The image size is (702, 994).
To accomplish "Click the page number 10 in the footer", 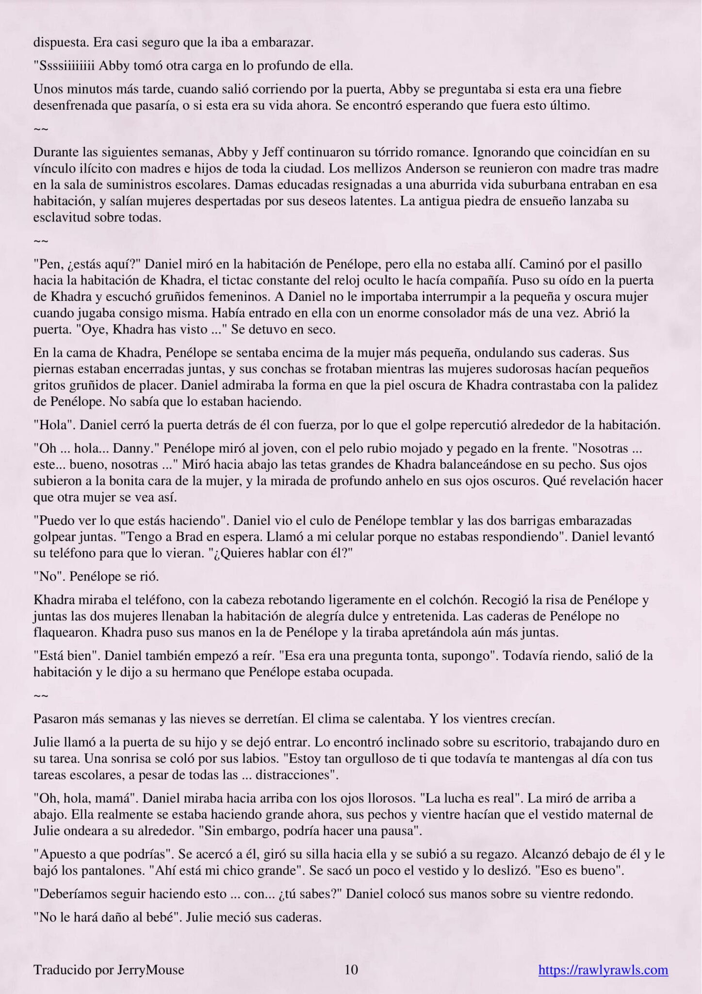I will pyautogui.click(x=351, y=970).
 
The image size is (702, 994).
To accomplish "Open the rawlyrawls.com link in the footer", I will pyautogui.click(x=603, y=970).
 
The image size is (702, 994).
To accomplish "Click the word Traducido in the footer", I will pyautogui.click(x=56, y=970).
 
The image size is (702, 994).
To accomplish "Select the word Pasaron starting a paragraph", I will pyautogui.click(x=55, y=719).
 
